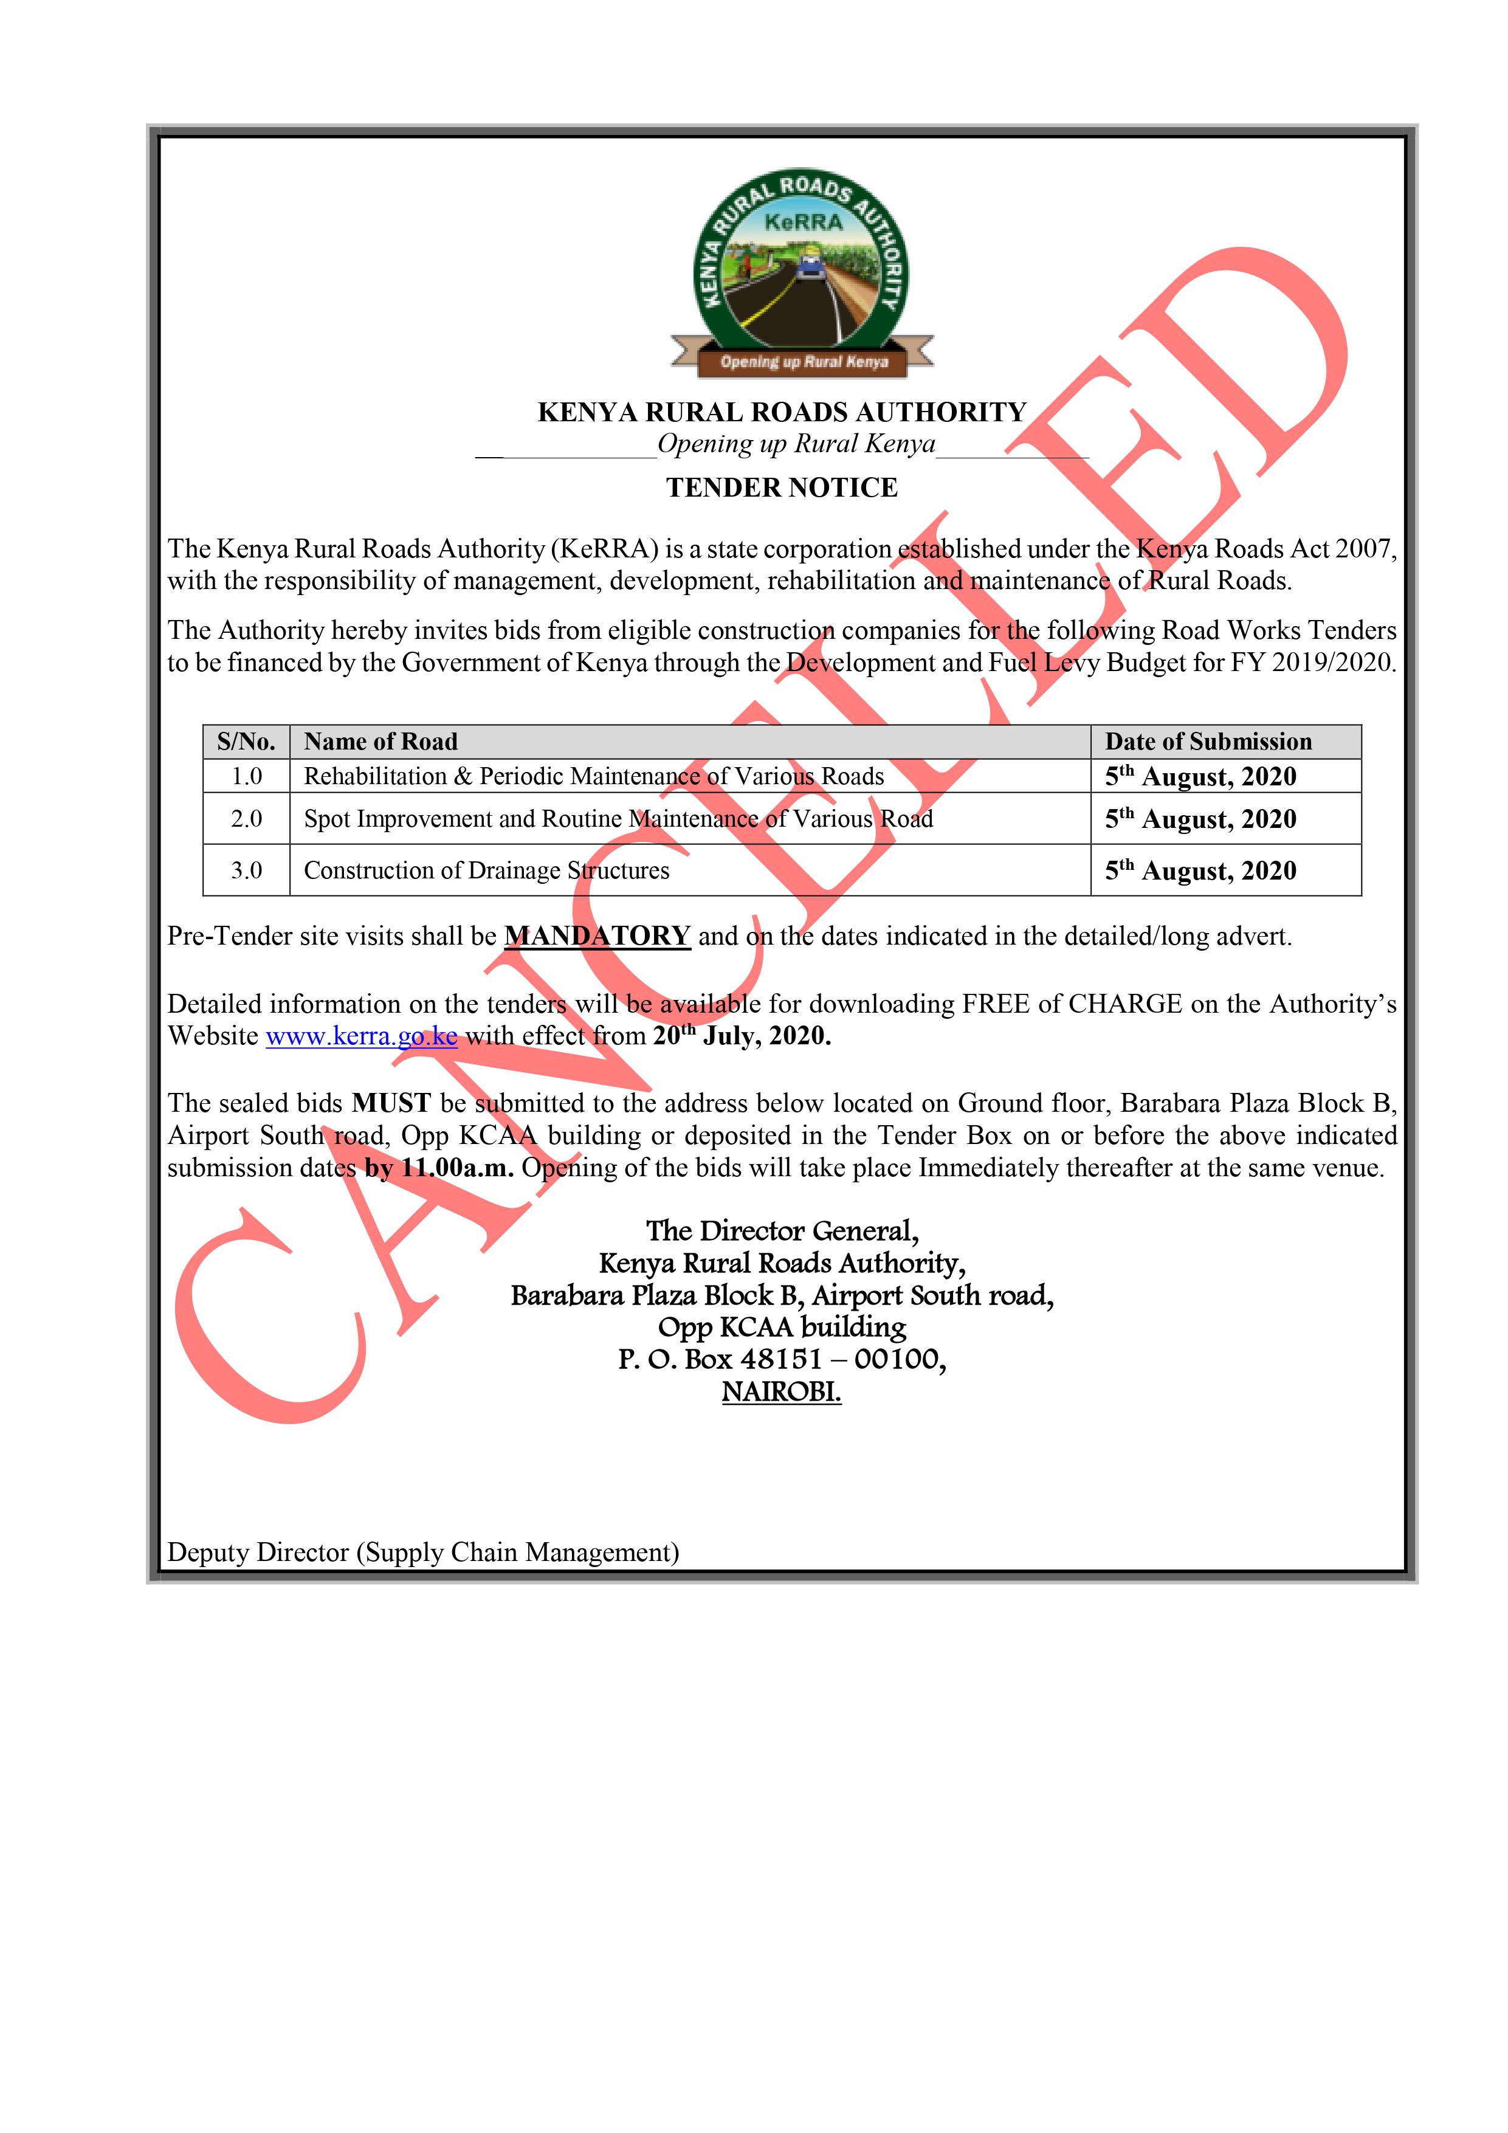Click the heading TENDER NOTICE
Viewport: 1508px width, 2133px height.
pos(782,488)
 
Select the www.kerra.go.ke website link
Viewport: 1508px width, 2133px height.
pos(362,1036)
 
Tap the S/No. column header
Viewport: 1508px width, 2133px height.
pos(246,742)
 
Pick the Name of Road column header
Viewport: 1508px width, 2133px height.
pos(381,742)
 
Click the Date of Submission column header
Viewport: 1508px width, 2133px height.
pos(1208,742)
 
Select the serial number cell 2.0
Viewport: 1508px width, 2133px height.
pos(246,818)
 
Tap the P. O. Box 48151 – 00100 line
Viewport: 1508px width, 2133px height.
pos(782,1359)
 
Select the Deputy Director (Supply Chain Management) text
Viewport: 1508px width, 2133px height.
pos(423,1552)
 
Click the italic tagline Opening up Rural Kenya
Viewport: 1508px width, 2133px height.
pos(796,444)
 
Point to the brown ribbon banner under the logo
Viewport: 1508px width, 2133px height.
pos(803,362)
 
